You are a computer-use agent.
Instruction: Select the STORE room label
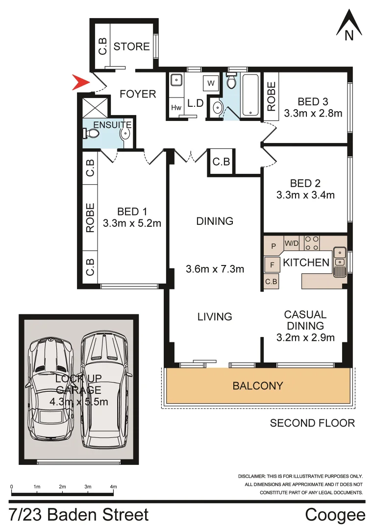(131, 47)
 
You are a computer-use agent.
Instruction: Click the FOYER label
(138, 94)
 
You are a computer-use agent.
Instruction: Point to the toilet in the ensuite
(90, 133)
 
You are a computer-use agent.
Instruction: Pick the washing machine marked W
(211, 83)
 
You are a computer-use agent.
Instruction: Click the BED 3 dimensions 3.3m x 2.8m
(313, 114)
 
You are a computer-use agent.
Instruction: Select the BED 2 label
(305, 183)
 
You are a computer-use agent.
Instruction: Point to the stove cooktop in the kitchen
(312, 242)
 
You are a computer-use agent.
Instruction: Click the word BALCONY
(258, 385)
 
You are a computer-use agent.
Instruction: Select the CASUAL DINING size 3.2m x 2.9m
(305, 337)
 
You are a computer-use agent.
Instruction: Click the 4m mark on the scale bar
(114, 487)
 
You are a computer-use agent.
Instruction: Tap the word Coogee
(335, 515)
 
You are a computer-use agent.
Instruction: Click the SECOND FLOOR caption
(312, 423)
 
